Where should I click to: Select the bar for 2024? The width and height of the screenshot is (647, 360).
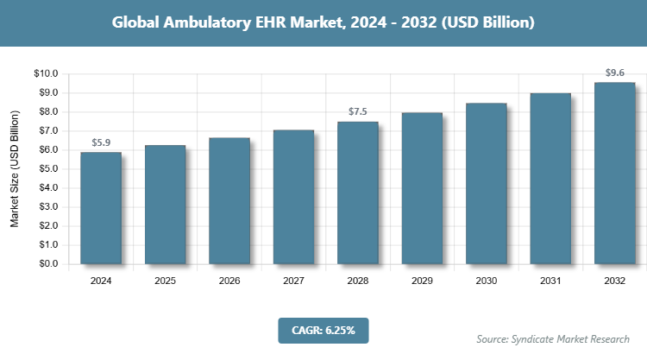[x=101, y=208]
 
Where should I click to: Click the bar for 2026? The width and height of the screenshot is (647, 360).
[x=229, y=200]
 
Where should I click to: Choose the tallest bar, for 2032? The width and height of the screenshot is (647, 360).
[x=614, y=173]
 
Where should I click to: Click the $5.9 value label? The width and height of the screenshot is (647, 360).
[x=101, y=142]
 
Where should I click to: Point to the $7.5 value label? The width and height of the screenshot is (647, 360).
[x=358, y=111]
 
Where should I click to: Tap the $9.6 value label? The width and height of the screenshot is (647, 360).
[x=614, y=73]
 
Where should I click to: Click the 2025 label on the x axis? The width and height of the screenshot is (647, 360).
[x=165, y=281]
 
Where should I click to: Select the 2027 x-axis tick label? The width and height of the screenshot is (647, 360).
[x=293, y=281]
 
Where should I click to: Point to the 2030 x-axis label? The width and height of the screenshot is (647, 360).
[x=486, y=281]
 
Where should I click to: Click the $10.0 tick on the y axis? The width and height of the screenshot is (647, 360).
[x=45, y=74]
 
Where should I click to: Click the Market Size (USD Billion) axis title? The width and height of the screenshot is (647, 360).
[x=15, y=169]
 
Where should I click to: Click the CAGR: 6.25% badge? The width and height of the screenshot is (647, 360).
[x=323, y=329]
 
